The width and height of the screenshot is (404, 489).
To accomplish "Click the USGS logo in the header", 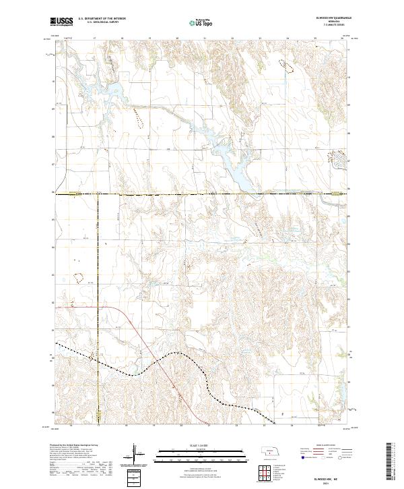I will (x=61, y=22).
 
